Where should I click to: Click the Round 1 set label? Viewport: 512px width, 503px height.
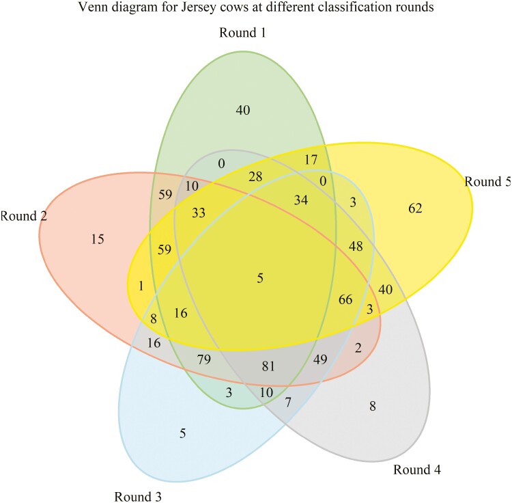[x=242, y=32]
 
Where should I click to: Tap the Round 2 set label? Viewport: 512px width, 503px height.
[x=23, y=217]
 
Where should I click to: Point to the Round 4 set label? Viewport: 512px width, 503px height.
[x=417, y=470]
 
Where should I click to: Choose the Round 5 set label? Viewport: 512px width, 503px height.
[x=487, y=182]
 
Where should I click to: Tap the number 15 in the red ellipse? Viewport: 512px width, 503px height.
[x=97, y=239]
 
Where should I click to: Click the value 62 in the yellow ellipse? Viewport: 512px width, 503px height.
[x=415, y=208]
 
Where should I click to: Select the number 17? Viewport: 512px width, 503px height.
[x=311, y=160]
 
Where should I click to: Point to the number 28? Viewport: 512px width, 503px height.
[x=255, y=177]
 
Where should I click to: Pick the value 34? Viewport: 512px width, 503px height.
[x=301, y=200]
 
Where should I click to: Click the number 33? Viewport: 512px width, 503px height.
[x=198, y=213]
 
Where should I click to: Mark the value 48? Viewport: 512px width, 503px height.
[x=356, y=245]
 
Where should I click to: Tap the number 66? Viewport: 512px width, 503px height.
[x=345, y=299]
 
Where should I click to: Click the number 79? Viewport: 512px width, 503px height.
[x=203, y=359]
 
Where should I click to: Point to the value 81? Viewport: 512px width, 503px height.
[x=268, y=366]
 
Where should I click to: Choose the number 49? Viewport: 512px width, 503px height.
[x=320, y=359]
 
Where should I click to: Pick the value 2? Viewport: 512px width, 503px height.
[x=358, y=348]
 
